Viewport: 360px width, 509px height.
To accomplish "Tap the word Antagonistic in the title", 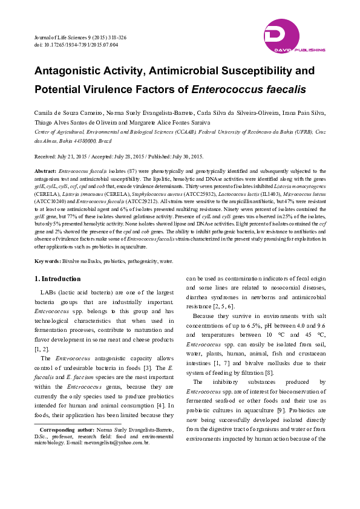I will [x=72, y=71].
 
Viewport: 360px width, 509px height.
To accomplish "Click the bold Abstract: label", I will [x=45, y=172].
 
